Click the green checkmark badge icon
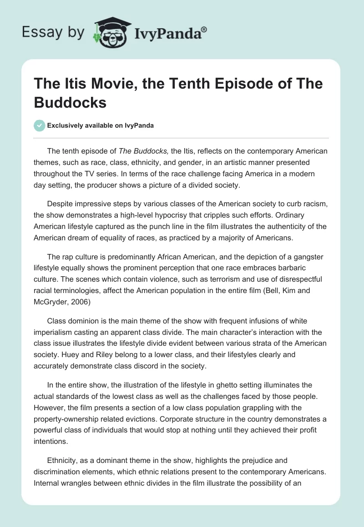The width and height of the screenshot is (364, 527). click(x=40, y=125)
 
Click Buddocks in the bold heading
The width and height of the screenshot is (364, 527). click(x=70, y=103)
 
